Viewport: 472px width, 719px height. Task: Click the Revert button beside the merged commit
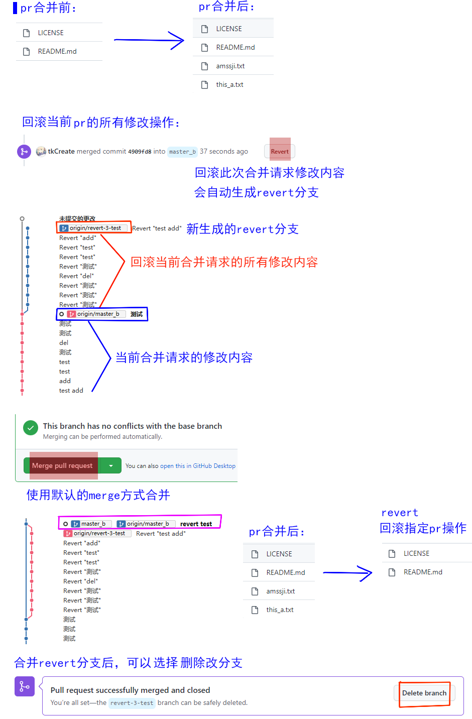click(x=280, y=151)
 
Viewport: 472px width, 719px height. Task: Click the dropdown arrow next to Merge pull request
click(x=110, y=465)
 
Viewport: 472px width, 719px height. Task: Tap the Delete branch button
click(x=424, y=693)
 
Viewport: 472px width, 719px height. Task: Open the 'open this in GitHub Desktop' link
click(x=197, y=466)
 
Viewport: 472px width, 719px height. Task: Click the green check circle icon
click(x=31, y=428)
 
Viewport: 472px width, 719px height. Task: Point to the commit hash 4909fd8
click(x=140, y=152)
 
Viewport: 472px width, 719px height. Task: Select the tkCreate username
click(x=61, y=151)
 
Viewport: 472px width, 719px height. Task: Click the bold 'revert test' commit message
click(x=196, y=524)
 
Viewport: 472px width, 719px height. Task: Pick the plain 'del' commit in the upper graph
click(x=64, y=343)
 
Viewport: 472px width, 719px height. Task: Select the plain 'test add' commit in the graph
click(x=71, y=391)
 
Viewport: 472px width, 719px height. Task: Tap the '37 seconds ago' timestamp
click(x=224, y=151)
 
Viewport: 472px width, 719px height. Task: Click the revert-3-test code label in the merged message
click(x=132, y=703)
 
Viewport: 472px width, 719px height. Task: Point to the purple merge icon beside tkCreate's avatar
click(x=24, y=151)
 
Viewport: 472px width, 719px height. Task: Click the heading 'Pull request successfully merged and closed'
click(x=131, y=690)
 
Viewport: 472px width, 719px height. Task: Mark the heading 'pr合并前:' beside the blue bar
click(x=48, y=8)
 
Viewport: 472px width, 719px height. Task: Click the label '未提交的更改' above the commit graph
click(x=77, y=218)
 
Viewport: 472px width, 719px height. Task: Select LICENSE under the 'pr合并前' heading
click(x=51, y=33)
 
